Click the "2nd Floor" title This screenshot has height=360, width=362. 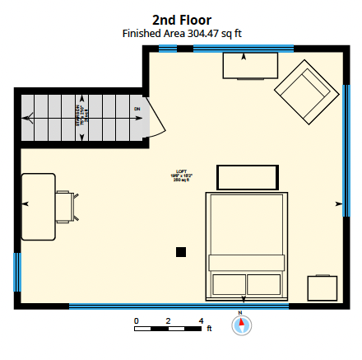(x=181, y=20)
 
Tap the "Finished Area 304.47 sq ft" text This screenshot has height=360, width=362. (x=181, y=34)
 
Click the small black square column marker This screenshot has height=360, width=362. (x=181, y=251)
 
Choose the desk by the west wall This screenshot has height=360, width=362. (x=38, y=206)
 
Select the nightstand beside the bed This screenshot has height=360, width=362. (x=323, y=288)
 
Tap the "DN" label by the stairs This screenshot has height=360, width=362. (x=137, y=109)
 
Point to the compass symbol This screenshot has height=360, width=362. (x=241, y=325)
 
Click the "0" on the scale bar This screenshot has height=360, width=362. (x=137, y=320)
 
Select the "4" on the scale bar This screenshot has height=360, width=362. (x=201, y=320)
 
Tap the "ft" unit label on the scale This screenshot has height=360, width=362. (x=209, y=329)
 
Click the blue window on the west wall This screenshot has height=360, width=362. (x=16, y=277)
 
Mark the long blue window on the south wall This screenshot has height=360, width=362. (x=179, y=306)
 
